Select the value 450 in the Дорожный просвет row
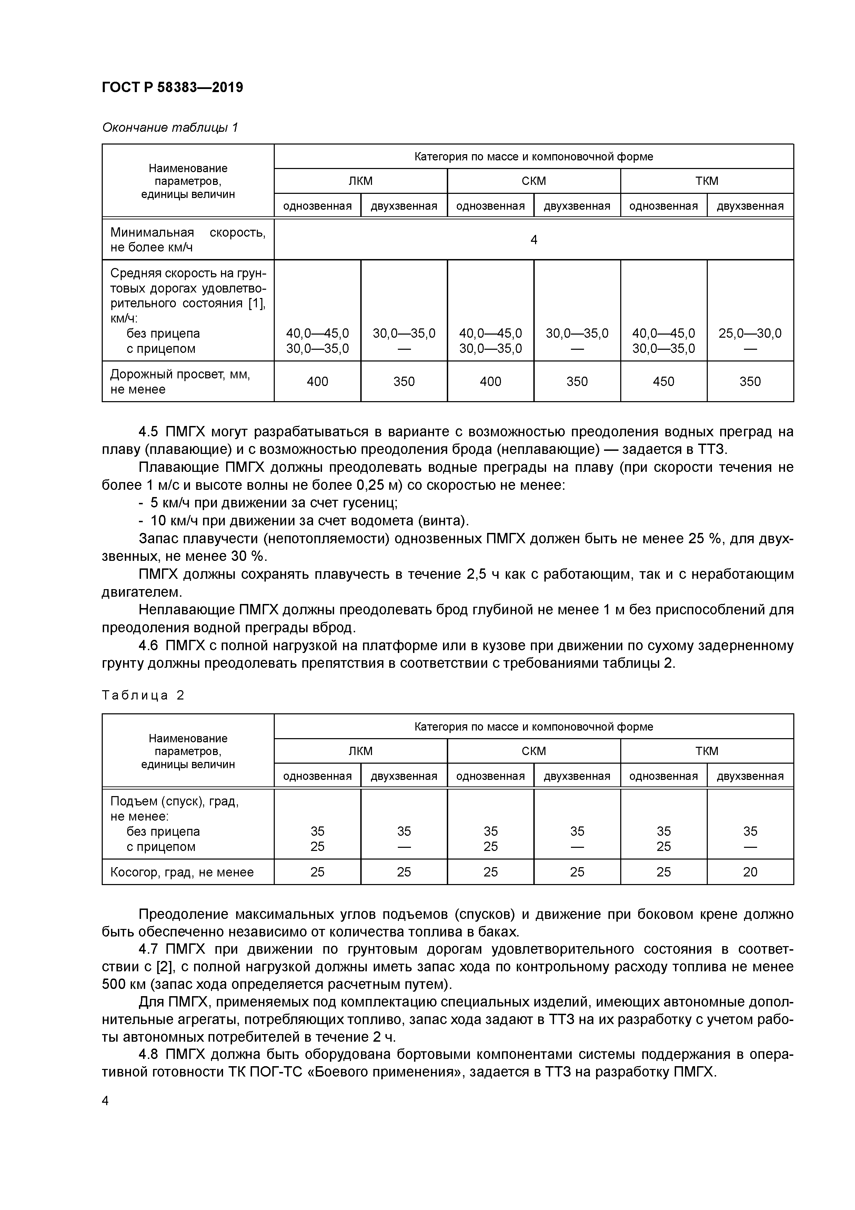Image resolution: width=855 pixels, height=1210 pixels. [x=663, y=381]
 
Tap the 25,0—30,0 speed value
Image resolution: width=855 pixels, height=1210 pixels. [x=750, y=333]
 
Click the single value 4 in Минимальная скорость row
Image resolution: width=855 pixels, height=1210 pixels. [x=534, y=240]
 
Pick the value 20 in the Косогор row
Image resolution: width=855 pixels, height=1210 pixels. [x=750, y=872]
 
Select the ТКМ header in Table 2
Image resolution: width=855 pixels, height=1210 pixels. [x=706, y=751]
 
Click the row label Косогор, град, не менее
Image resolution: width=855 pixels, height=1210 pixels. [x=182, y=872]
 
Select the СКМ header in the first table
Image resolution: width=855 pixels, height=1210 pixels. [x=534, y=181]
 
